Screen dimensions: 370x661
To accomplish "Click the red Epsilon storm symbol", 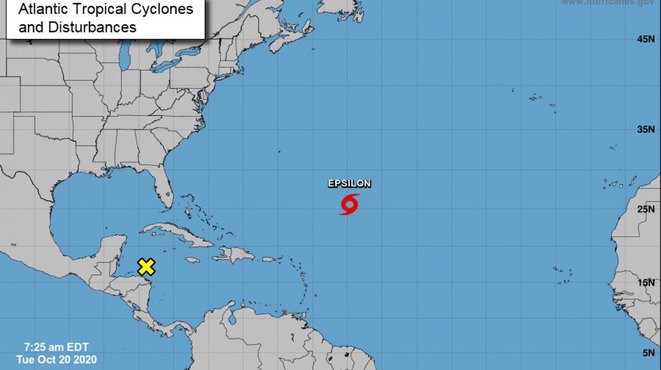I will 349,204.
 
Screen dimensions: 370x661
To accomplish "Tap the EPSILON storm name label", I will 349,184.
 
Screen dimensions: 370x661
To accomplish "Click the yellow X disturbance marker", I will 146,267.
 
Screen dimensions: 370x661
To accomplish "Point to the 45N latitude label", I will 646,39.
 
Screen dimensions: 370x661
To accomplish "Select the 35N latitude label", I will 646,129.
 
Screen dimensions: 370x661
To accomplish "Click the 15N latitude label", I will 646,283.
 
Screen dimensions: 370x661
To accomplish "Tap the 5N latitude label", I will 648,353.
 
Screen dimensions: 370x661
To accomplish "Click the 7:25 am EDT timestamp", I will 57,347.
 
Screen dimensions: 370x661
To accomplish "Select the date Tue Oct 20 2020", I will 57,360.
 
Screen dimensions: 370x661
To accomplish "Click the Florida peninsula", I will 165,192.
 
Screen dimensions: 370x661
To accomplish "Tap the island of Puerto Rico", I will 269,259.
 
